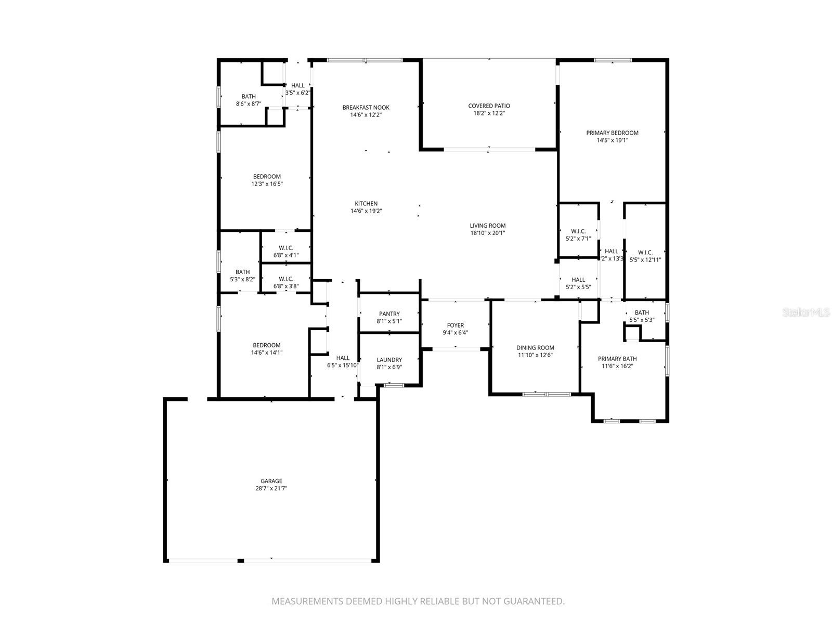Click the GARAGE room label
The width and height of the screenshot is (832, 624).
[x=271, y=481]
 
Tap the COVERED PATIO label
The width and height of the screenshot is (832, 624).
[x=489, y=106]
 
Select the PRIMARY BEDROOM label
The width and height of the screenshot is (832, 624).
[x=612, y=133]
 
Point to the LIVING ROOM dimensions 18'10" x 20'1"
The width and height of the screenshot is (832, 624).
[x=487, y=233]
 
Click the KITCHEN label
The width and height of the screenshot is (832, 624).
[x=366, y=204]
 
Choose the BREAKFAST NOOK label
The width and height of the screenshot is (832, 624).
[x=366, y=108]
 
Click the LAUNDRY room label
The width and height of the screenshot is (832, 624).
[x=389, y=360]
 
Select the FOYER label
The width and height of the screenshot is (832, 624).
[x=455, y=326]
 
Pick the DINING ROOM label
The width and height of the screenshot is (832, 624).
[x=535, y=348]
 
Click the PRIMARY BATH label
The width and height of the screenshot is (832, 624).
[x=617, y=359]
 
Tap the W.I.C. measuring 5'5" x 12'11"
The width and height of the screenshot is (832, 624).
[x=645, y=256]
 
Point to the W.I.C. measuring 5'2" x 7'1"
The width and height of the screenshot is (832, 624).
[x=578, y=235]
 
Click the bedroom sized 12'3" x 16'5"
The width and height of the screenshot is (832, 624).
[x=267, y=180]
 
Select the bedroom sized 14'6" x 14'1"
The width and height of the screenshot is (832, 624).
[x=266, y=348]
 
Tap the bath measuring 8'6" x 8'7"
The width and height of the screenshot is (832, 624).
[x=248, y=100]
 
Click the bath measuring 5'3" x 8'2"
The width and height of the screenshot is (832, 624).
[x=242, y=276]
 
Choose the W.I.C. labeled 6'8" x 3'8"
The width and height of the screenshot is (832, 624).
[x=285, y=282]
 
